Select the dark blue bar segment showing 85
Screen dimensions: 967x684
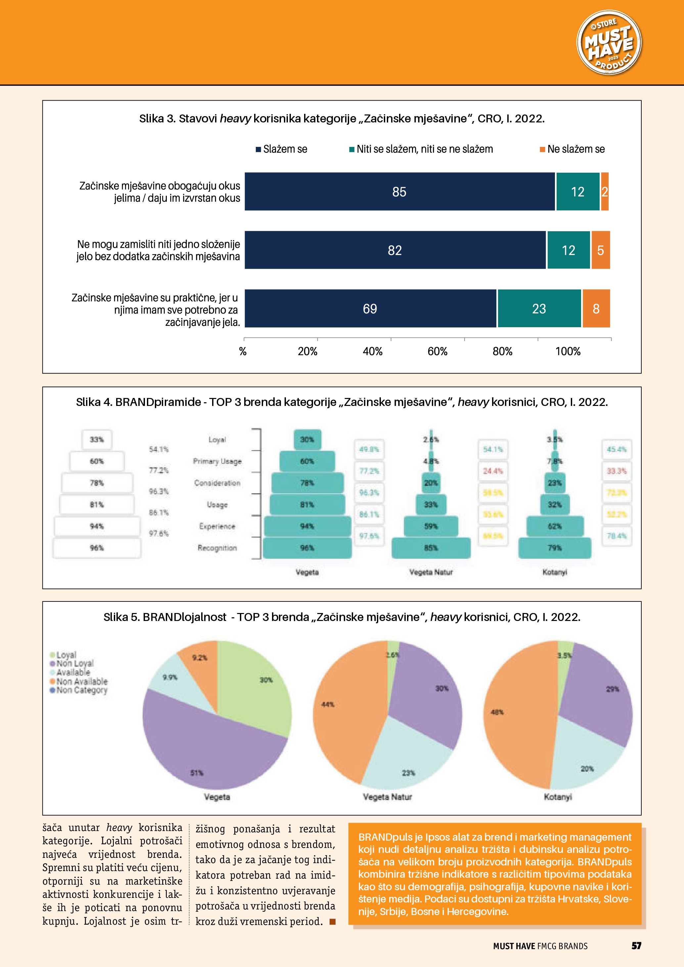[399, 192]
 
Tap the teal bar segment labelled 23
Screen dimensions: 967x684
[539, 309]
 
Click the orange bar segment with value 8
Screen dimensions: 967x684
[596, 309]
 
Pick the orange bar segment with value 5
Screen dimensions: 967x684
[601, 250]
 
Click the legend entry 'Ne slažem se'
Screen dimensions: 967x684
[575, 149]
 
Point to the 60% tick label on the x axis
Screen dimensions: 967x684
[437, 351]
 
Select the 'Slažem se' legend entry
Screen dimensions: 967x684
[285, 149]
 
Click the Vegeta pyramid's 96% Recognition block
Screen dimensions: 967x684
[307, 548]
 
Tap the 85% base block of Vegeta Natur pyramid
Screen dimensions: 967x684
[431, 548]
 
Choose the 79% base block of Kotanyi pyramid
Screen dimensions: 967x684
[555, 548]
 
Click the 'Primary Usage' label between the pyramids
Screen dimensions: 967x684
[217, 461]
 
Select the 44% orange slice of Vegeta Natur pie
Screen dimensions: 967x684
[337, 712]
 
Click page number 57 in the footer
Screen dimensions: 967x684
[636, 945]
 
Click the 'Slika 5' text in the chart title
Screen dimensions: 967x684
[120, 617]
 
